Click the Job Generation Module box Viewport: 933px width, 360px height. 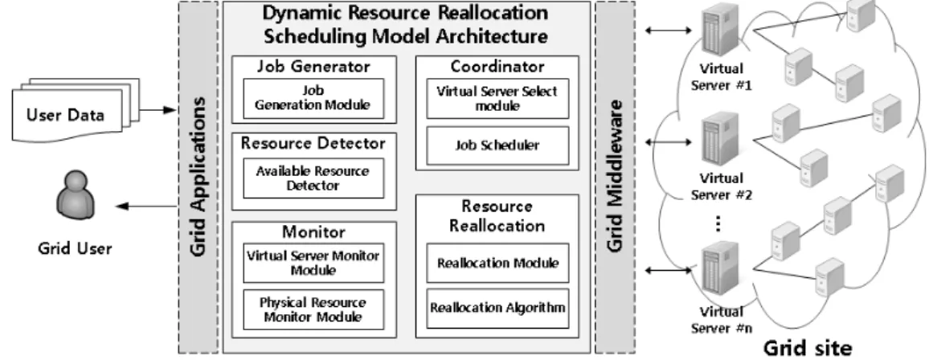[x=313, y=98]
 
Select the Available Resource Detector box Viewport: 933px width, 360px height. [x=313, y=178]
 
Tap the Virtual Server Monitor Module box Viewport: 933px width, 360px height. [x=313, y=263]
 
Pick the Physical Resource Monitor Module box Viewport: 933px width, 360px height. [x=313, y=309]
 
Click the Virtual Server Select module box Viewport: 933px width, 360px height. [x=497, y=98]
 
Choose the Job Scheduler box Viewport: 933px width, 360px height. [x=497, y=145]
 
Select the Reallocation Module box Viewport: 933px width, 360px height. [x=497, y=263]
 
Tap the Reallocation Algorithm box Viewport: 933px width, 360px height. [x=497, y=309]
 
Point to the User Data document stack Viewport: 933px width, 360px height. [x=76, y=110]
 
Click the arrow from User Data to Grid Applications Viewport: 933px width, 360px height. [x=158, y=109]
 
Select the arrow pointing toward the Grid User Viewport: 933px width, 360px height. [x=146, y=207]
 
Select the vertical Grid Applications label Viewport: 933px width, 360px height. [x=198, y=177]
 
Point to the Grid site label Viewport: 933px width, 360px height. [x=807, y=347]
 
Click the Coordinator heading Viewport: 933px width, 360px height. [x=497, y=66]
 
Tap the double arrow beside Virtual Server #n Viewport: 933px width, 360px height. [x=669, y=271]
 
